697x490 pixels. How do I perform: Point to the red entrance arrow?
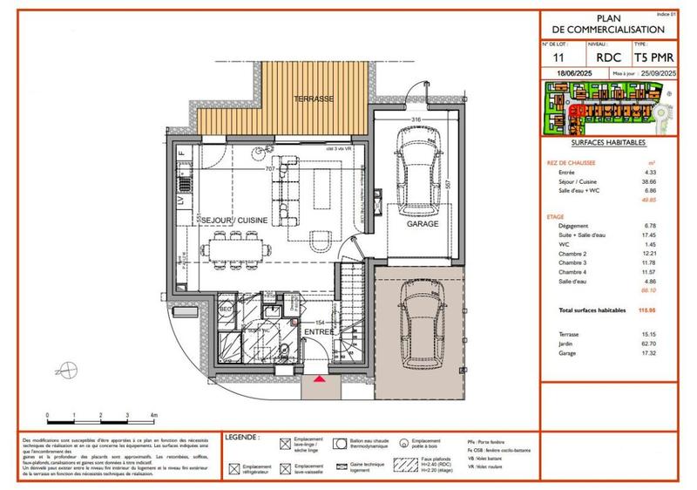tap(321, 380)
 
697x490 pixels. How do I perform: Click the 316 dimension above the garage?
tap(416, 119)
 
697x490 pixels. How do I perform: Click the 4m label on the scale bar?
tap(152, 413)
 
